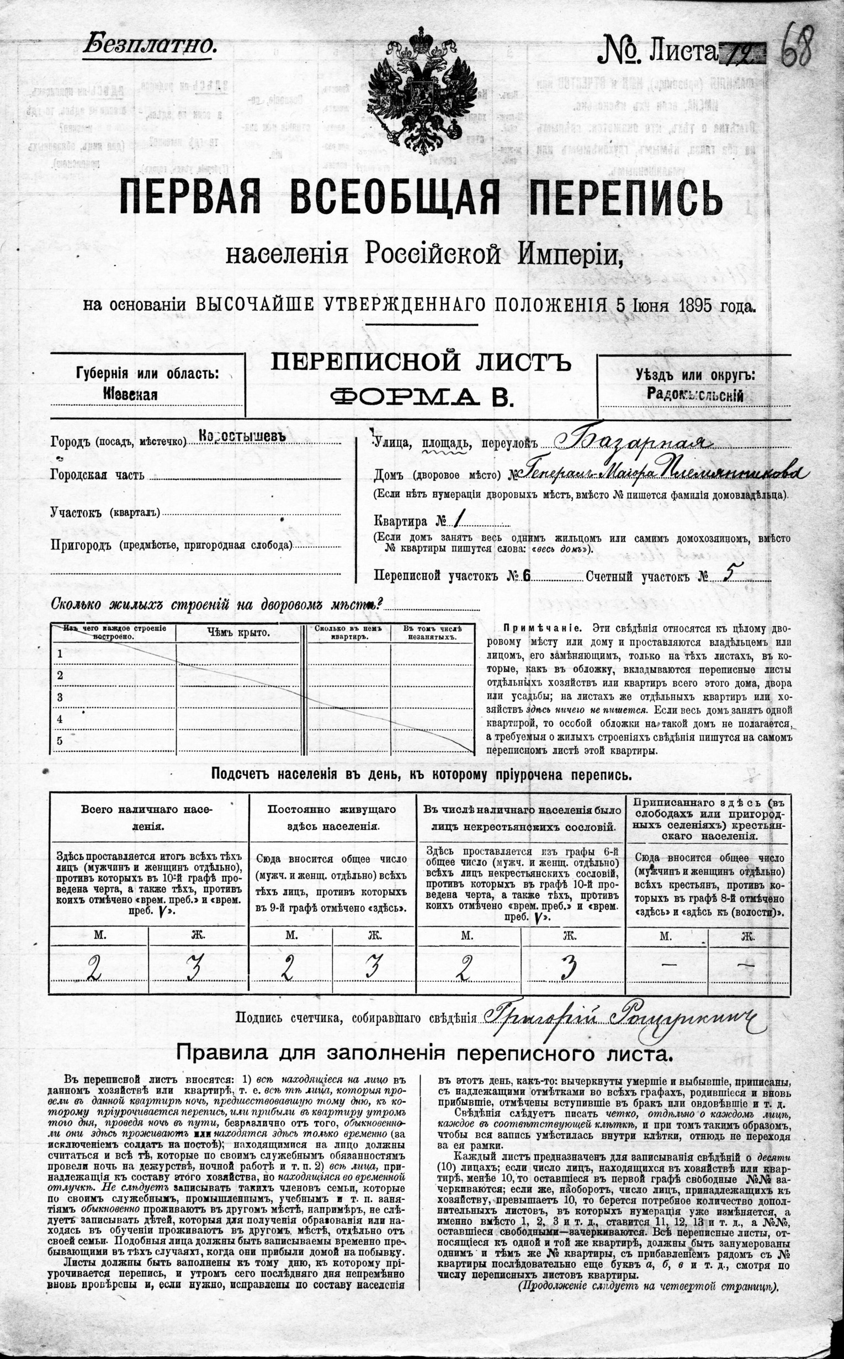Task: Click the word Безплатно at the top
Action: click(149, 44)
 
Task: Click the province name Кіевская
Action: click(131, 394)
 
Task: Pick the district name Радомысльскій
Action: click(695, 395)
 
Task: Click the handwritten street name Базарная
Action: click(631, 442)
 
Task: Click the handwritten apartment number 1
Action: click(459, 520)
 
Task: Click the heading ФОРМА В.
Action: click(421, 397)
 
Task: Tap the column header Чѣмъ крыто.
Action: click(238, 633)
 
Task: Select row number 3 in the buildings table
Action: click(60, 697)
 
